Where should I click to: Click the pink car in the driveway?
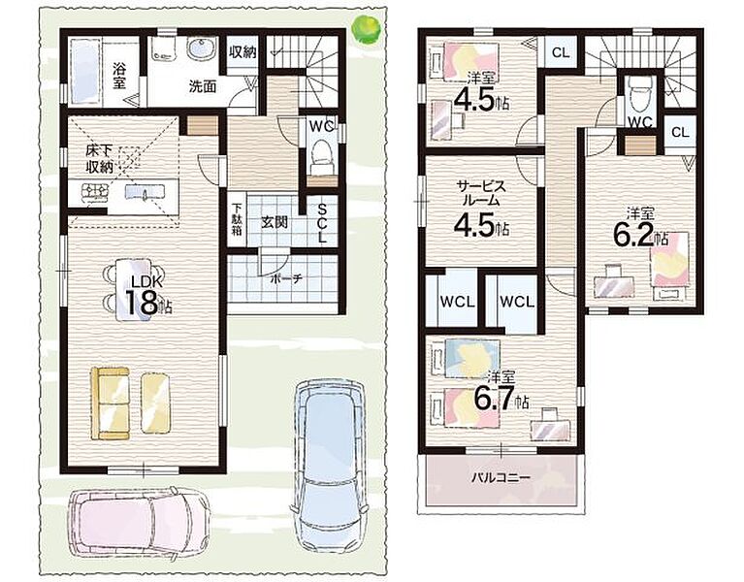139,524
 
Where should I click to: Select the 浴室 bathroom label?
119,76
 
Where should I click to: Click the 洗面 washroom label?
203,86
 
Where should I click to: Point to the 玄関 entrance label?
275,221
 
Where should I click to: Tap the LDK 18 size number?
143,303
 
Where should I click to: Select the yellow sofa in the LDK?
110,403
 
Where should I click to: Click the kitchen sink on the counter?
145,192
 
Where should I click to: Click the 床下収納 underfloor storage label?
99,158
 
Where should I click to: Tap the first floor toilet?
322,158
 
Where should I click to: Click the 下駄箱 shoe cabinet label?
237,219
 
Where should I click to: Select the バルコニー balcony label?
501,476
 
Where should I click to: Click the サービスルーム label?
481,193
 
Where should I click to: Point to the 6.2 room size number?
634,236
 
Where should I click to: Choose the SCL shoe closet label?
322,223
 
